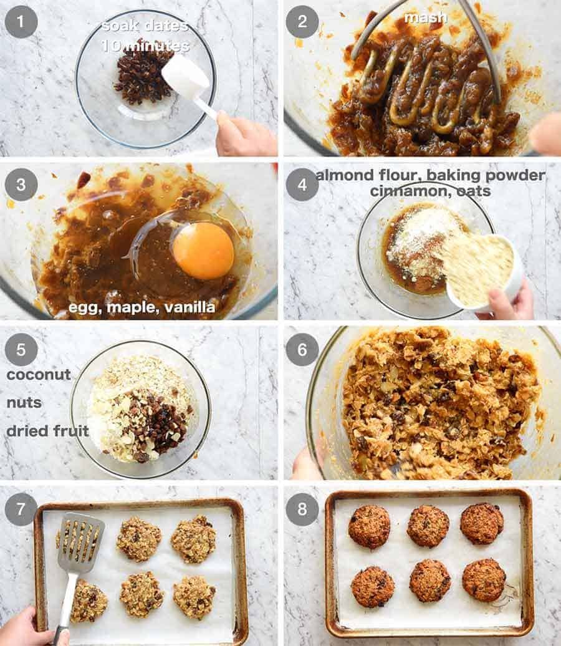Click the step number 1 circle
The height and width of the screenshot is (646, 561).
pyautogui.click(x=21, y=22)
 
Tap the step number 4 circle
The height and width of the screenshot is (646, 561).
pyautogui.click(x=302, y=185)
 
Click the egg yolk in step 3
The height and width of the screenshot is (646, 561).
pyautogui.click(x=203, y=251)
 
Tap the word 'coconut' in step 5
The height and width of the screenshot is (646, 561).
pyautogui.click(x=39, y=375)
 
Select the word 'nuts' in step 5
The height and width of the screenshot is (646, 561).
pyautogui.click(x=24, y=403)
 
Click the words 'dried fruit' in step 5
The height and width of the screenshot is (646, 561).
pyautogui.click(x=47, y=431)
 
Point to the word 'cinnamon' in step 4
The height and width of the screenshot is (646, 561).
pyautogui.click(x=406, y=191)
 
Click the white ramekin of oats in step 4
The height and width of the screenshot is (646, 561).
pyautogui.click(x=480, y=271)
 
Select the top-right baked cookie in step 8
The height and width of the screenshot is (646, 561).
pyautogui.click(x=482, y=523)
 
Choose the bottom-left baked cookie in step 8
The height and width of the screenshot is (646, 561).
pyautogui.click(x=372, y=586)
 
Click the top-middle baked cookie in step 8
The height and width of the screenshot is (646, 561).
pyautogui.click(x=428, y=526)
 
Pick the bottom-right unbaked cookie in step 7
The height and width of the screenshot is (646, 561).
pyautogui.click(x=194, y=596)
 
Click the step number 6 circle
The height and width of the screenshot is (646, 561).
pyautogui.click(x=302, y=350)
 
